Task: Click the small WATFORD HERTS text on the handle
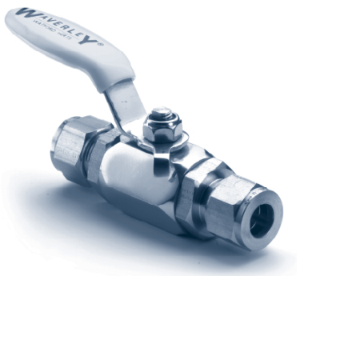(x=60, y=34)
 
